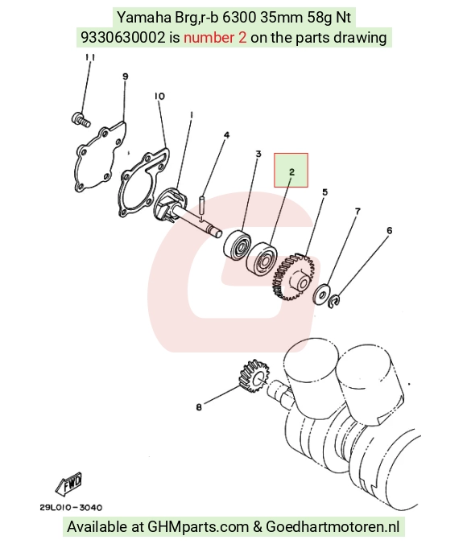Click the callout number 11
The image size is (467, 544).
(x=90, y=57)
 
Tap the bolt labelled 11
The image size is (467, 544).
(x=81, y=119)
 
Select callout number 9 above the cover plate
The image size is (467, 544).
(x=125, y=76)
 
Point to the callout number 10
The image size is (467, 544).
(x=159, y=96)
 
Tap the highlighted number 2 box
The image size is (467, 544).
(x=291, y=170)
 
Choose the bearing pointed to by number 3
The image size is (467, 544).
(x=237, y=244)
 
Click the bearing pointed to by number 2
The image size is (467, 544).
(x=262, y=258)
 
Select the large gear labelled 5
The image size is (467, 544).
(x=292, y=277)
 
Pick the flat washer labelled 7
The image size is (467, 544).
(x=321, y=295)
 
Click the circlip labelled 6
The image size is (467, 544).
(x=334, y=301)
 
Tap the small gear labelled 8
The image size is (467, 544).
(x=254, y=377)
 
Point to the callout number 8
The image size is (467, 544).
(x=199, y=407)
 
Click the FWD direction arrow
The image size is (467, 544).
(x=68, y=483)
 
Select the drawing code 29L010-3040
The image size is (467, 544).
(x=71, y=508)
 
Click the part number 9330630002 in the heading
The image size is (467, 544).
(x=123, y=38)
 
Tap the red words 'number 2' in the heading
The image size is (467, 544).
(x=215, y=38)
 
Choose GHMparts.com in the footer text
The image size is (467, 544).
(x=198, y=526)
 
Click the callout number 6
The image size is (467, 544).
(x=389, y=230)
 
